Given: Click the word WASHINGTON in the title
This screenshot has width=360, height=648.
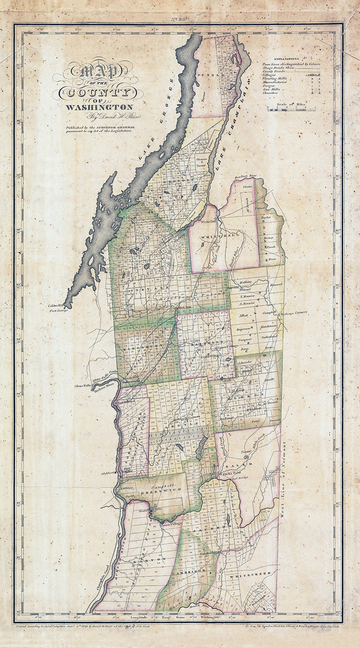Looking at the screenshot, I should [x=99, y=107].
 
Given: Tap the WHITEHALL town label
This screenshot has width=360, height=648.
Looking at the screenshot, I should [x=220, y=236].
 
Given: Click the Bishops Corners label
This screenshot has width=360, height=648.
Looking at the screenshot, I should [x=293, y=313].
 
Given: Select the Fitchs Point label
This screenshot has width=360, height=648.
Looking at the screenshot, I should [x=232, y=474].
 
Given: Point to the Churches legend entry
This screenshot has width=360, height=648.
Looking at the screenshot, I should [x=270, y=93].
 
